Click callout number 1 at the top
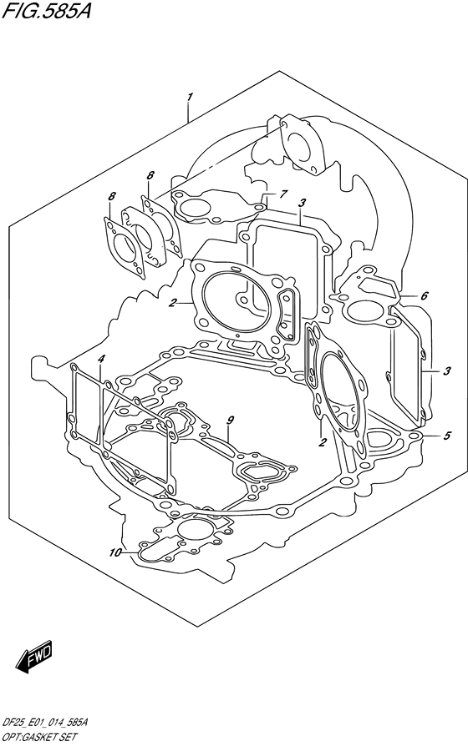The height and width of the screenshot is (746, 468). pos(190,97)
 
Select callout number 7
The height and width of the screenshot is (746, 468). pos(283,194)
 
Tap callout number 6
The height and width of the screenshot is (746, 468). pos(425,296)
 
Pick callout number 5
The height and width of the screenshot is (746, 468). pos(446,436)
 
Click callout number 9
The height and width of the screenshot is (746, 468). pos(230,420)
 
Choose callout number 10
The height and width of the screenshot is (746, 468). pos(115,552)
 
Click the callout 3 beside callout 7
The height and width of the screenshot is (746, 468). pos(302,203)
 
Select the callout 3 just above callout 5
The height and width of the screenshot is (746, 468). pos(446,371)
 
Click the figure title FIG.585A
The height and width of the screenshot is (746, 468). pos(46,9)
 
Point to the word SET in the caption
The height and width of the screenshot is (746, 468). pos(69,738)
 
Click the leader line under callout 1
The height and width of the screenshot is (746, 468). pos(188,113)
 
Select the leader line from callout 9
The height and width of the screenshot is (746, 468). pos(229,434)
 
